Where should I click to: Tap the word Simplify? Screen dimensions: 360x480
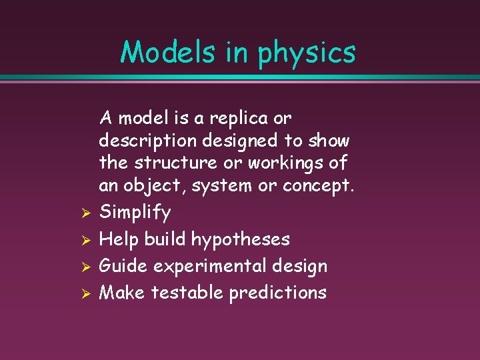coord(135,213)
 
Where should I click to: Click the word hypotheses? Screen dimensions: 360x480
coord(240,239)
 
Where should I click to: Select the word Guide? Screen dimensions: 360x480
coord(123,266)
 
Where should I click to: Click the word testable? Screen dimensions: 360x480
coord(187,293)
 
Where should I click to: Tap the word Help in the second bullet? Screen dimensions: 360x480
coord(119,239)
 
